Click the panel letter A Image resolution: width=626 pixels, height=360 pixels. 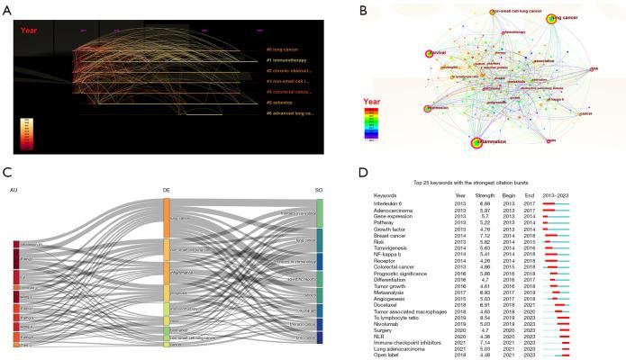click(x=7, y=9)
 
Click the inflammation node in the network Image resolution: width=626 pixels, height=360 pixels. click(x=475, y=141)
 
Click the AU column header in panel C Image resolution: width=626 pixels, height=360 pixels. click(x=14, y=191)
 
